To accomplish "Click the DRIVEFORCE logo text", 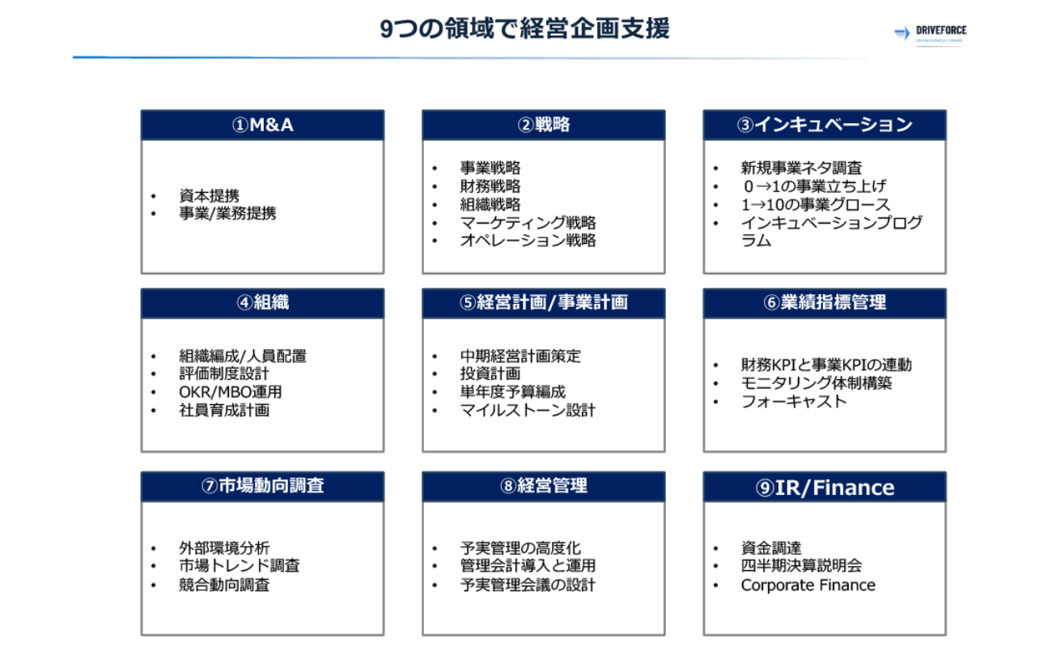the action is click(940, 30).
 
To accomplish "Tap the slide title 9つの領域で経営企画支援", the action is click(524, 28).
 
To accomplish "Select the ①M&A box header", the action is click(262, 125).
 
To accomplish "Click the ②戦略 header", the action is click(543, 125).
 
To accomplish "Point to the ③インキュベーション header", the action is click(825, 125).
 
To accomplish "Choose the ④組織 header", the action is click(262, 303).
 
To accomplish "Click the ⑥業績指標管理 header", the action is click(825, 303).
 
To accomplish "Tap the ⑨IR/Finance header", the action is click(825, 487).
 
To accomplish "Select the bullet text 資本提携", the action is click(209, 196).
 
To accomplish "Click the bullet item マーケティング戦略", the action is click(528, 223).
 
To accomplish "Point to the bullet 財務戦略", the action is click(490, 186).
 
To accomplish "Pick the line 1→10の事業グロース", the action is click(816, 205).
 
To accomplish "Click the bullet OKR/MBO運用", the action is click(230, 392).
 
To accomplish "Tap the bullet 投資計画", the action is click(490, 373).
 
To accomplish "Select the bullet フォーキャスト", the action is click(794, 401).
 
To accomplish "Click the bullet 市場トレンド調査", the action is click(239, 565).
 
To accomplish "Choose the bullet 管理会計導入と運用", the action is click(528, 565).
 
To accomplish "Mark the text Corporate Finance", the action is click(808, 585).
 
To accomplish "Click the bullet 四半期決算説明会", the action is click(801, 565).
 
